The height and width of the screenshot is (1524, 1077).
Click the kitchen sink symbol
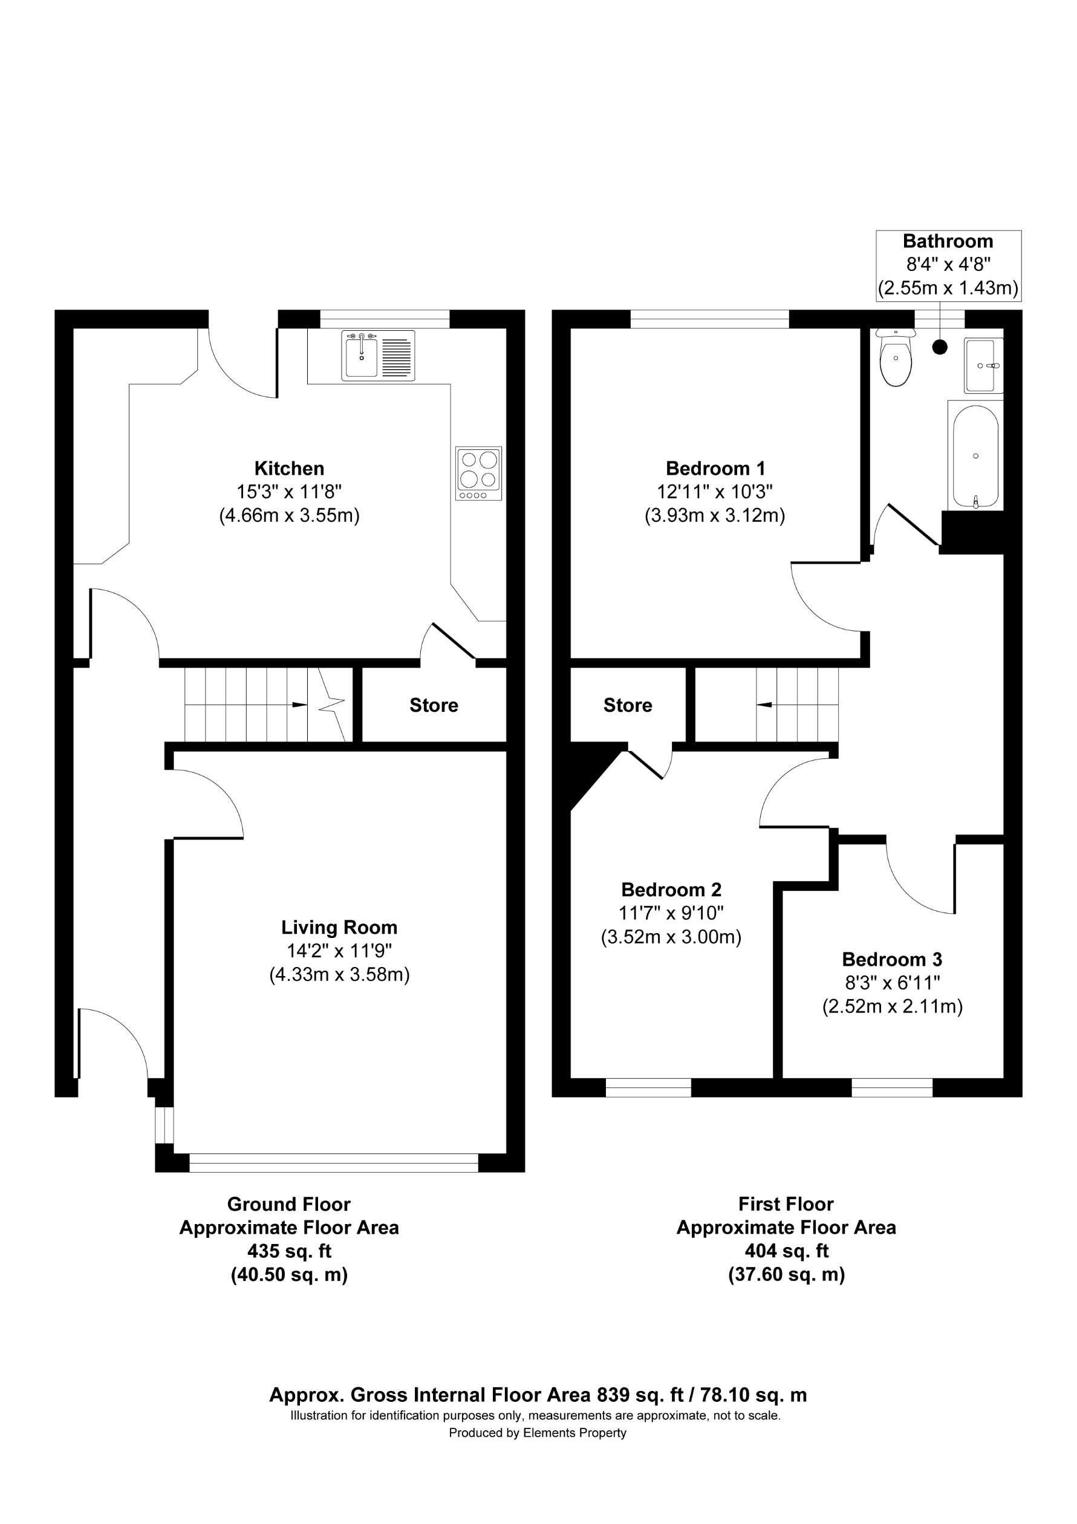tap(377, 356)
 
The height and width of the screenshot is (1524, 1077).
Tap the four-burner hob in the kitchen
tap(478, 474)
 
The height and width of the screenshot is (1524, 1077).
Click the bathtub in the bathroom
tap(975, 456)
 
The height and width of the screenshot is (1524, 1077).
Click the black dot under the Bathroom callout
tap(940, 347)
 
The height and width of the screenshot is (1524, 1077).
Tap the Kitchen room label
tap(289, 468)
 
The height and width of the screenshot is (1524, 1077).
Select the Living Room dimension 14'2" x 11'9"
tap(339, 951)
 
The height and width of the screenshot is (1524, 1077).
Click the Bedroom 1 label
tap(715, 468)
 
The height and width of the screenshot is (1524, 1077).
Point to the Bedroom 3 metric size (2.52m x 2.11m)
tap(892, 1007)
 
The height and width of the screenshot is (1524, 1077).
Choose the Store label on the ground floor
tap(434, 705)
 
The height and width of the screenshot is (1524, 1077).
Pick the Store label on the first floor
tap(627, 705)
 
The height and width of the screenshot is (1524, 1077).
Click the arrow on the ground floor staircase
tap(299, 705)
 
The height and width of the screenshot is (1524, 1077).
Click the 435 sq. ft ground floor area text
tap(288, 1251)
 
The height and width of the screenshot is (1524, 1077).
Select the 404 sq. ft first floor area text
tap(786, 1251)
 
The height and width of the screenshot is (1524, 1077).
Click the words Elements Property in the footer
tap(574, 1433)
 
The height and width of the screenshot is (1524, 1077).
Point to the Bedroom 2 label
tap(671, 890)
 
